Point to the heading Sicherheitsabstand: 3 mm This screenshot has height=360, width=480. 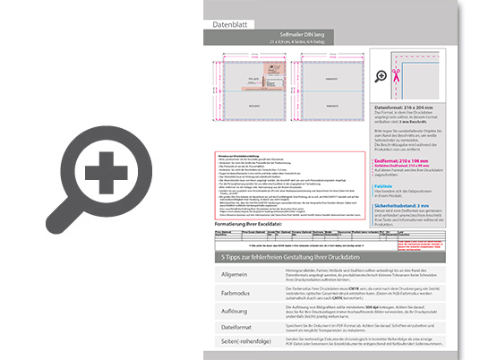(x=412, y=205)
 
